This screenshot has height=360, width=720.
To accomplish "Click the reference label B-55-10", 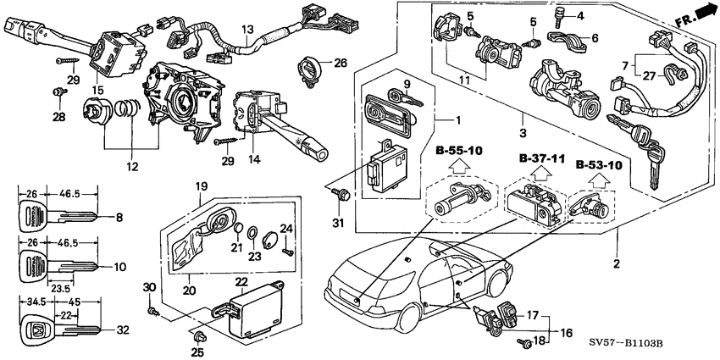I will (x=460, y=151).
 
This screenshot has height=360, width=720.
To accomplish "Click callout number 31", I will (x=337, y=223).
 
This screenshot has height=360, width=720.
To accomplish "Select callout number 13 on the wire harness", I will (x=246, y=30).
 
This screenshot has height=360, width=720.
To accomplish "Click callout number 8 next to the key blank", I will (x=119, y=216).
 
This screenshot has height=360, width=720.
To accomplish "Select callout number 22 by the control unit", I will (x=241, y=282).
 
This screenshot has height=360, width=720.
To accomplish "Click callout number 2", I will (x=617, y=264).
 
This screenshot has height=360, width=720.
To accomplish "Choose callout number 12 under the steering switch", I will (x=131, y=167).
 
